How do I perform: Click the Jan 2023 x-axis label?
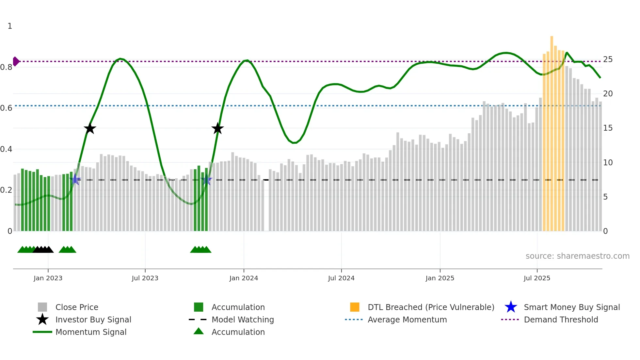48,278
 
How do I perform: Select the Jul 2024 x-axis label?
341,278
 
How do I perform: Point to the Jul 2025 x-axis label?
537,278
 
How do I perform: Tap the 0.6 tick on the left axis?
6,108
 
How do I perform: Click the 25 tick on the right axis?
608,59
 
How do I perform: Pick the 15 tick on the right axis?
608,128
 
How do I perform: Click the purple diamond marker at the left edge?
16,61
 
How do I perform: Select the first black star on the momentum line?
90,128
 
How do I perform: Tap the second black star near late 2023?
217,128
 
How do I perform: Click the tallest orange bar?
552,131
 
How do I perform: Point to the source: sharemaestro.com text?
577,256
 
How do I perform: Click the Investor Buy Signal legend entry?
93,319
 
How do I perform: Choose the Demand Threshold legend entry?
561,319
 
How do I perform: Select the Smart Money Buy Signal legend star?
511,307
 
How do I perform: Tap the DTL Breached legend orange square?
355,307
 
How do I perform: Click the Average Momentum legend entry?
407,319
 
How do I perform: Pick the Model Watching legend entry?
243,319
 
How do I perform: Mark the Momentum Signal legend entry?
91,332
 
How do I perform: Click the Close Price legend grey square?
42,307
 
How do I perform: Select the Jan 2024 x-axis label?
244,278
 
